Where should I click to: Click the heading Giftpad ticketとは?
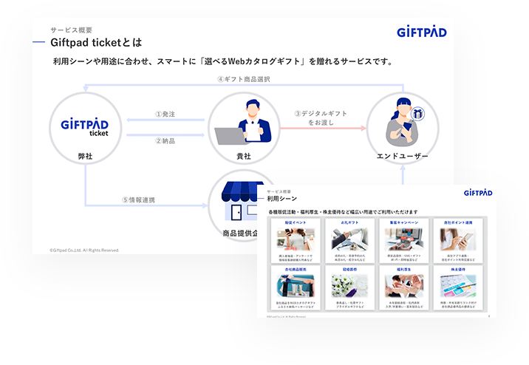point(96,42)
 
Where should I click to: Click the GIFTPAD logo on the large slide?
point(421,33)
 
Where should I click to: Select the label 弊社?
point(85,157)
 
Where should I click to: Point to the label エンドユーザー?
point(403,157)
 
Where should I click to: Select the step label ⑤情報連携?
point(138,199)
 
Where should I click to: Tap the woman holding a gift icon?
point(403,122)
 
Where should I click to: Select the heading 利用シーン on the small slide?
point(281,199)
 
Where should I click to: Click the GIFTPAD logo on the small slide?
point(478,193)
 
